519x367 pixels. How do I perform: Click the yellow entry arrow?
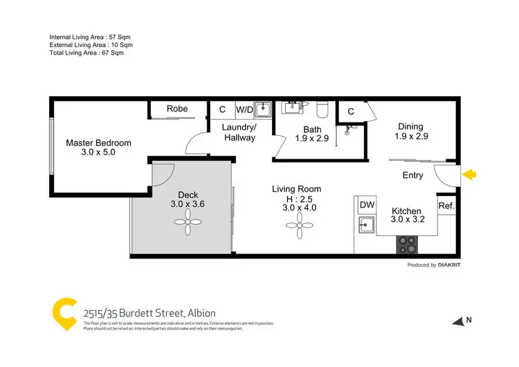point(469,175)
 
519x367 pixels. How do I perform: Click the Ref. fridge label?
point(446,205)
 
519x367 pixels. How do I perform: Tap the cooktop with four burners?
point(406,244)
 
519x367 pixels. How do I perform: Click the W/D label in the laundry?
point(244,109)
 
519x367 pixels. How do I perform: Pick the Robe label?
point(178,109)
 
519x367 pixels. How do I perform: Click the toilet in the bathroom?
point(320,108)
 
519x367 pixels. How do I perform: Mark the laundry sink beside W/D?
point(262,109)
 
